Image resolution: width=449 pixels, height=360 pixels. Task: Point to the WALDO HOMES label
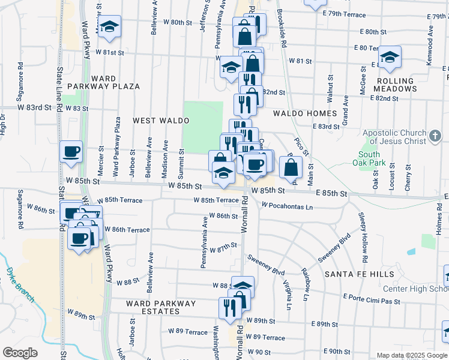(x=305, y=113)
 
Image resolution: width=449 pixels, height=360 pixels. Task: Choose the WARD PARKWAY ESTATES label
(x=161, y=307)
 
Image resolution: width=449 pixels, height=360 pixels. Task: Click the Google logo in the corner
(x=20, y=353)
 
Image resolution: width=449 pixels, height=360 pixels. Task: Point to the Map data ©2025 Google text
(x=412, y=355)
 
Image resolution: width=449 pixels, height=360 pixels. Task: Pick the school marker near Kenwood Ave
(x=390, y=57)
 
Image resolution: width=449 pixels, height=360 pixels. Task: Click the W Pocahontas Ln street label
(x=287, y=206)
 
